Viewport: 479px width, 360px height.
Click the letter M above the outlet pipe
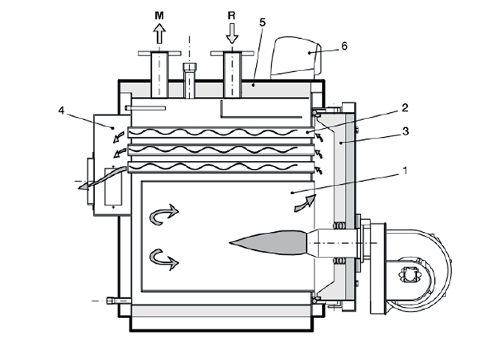159,15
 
